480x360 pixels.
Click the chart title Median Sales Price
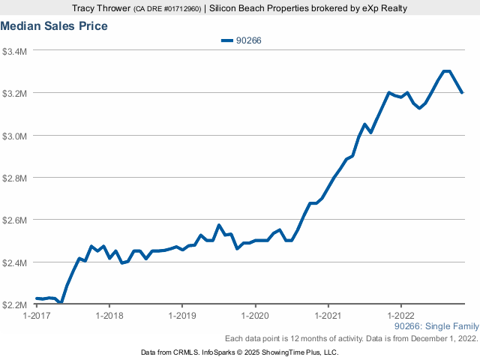[54, 26]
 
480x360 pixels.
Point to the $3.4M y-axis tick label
[15, 51]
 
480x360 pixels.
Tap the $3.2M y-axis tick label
[15, 94]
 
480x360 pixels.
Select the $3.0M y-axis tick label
[15, 136]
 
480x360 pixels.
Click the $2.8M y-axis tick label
[15, 178]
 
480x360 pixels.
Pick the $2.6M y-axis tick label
[15, 220]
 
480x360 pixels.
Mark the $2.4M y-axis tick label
[15, 263]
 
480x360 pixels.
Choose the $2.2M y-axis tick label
[15, 305]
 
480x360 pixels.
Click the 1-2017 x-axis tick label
[37, 316]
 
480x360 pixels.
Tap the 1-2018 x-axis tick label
[109, 316]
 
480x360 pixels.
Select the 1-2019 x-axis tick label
[182, 316]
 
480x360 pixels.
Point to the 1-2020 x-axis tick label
[255, 316]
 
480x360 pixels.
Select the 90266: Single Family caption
[436, 327]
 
